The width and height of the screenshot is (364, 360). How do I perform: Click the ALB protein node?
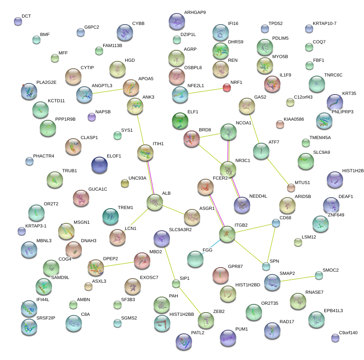point(155,202)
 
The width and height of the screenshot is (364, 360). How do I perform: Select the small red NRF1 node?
point(227,87)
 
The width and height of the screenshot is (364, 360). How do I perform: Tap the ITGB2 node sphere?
point(227,234)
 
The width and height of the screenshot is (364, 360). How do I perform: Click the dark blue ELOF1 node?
point(99,165)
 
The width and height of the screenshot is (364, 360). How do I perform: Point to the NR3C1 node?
point(228,169)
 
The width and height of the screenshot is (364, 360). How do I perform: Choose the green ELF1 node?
point(180,120)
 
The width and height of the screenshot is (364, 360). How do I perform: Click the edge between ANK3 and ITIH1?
point(140,129)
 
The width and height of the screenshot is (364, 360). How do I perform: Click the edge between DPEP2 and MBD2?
point(119,264)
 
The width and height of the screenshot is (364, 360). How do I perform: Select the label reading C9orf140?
point(348,333)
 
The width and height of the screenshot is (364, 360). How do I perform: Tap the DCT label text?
point(26,16)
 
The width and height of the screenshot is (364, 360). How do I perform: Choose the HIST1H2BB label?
point(181,314)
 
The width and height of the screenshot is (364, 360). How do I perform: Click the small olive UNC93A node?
point(124,183)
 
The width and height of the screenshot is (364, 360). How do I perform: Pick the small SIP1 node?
point(176,283)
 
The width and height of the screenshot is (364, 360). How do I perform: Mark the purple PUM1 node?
point(228,337)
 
